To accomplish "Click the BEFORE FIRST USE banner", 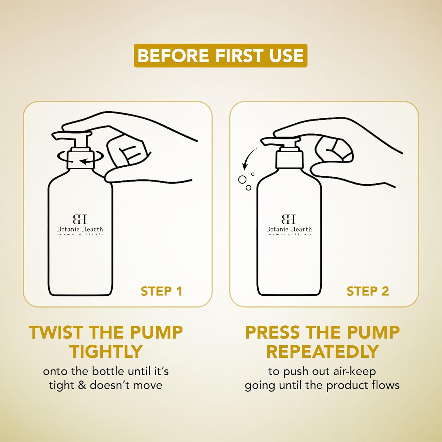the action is pyautogui.click(x=220, y=55).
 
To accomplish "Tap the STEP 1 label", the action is pyautogui.click(x=161, y=291).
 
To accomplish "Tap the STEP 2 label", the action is pyautogui.click(x=368, y=291).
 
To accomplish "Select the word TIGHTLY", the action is pyautogui.click(x=106, y=352).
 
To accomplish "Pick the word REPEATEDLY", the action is pyautogui.click(x=322, y=352).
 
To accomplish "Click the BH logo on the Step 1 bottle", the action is pyautogui.click(x=80, y=219).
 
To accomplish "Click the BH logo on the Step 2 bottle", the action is pyautogui.click(x=289, y=219).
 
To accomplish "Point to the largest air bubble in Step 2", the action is pyautogui.click(x=242, y=179).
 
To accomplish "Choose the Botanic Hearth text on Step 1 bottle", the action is pyautogui.click(x=80, y=229).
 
